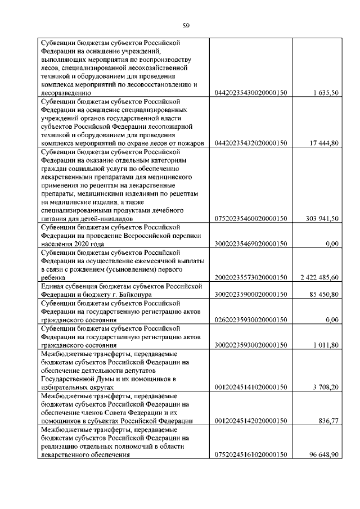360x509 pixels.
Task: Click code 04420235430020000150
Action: (x=251, y=93)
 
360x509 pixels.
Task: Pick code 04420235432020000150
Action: (x=251, y=143)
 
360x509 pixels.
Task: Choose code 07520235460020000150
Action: (x=251, y=219)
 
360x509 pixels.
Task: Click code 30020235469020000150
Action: (x=251, y=245)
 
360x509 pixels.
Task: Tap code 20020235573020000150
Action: (x=251, y=278)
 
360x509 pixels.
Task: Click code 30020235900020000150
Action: (x=251, y=295)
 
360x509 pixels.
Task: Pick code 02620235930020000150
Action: (x=251, y=320)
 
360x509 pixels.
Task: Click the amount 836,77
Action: (x=328, y=421)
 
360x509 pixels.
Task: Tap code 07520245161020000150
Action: (x=251, y=455)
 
